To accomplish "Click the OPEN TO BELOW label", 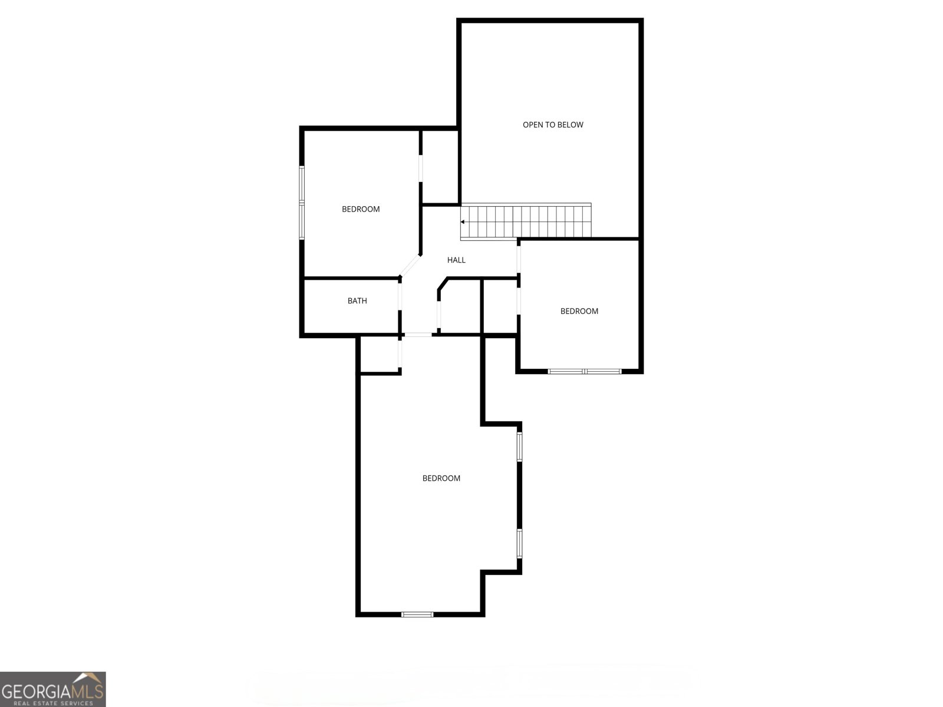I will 553,125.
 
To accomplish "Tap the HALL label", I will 456,260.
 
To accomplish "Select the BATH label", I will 357,301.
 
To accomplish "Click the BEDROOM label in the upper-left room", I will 361,209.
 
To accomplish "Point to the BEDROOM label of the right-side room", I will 579,311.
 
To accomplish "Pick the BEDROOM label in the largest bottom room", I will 441,478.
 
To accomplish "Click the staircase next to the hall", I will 526,222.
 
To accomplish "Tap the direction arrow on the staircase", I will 463,222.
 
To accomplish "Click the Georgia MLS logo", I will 52,689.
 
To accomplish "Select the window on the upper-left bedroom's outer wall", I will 302,203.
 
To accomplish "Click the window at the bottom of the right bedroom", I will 585,371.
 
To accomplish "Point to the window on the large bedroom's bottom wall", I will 417,615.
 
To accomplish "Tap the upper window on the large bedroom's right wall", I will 519,447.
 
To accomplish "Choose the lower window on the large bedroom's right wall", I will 519,543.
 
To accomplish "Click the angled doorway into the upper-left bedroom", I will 410,265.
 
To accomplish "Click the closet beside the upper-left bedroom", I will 440,167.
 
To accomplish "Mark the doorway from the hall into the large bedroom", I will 418,335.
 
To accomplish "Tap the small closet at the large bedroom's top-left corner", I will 380,355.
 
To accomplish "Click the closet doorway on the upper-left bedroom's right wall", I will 421,169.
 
